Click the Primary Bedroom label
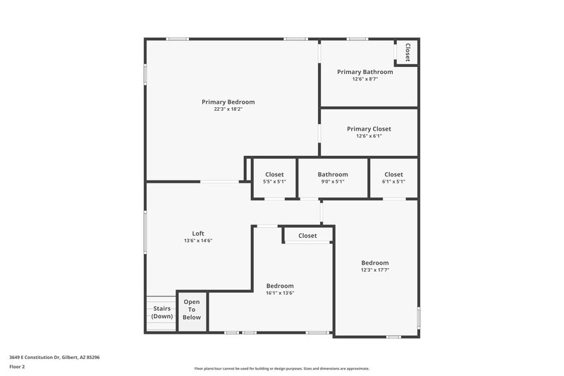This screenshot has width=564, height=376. tap(228, 102)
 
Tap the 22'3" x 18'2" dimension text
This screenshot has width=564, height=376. tap(228, 109)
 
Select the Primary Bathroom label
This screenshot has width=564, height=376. tap(364, 72)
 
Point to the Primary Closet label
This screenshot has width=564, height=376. tap(369, 128)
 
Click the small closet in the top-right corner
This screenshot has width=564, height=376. tap(407, 52)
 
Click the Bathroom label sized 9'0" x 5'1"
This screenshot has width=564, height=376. tap(332, 174)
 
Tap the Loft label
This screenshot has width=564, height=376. tap(198, 234)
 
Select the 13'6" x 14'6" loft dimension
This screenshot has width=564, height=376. tap(198, 241)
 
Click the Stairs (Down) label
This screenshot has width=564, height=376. tap(161, 312)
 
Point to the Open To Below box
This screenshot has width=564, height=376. tap(192, 310)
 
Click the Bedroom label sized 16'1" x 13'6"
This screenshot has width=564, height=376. tap(280, 286)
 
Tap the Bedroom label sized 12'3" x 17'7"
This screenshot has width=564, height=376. tap(374, 263)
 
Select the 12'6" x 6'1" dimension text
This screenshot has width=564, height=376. tap(369, 136)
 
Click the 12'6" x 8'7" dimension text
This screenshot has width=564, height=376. tap(364, 79)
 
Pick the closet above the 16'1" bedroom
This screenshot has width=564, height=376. tap(307, 236)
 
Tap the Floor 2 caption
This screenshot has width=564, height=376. tap(18, 367)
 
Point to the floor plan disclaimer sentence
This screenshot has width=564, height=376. tap(281, 368)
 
